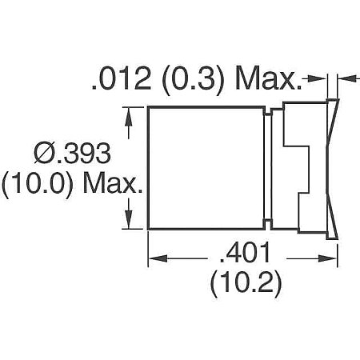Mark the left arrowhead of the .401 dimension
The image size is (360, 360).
coord(155,258)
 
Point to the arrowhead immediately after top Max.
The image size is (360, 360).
coord(317,78)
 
